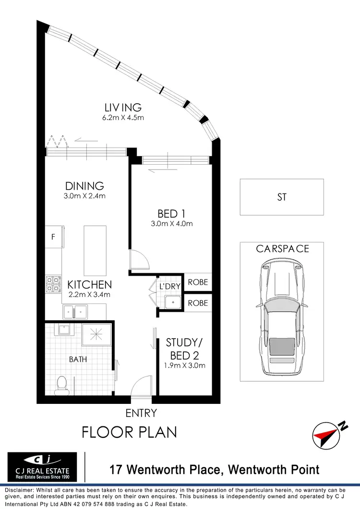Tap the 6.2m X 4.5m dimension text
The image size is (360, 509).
point(123,117)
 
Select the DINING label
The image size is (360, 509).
point(85,185)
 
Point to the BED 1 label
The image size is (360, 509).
point(171,213)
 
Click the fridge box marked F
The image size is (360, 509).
point(53,237)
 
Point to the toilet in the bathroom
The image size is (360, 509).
point(62,384)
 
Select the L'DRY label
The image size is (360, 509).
point(170,287)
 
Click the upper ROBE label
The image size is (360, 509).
point(198,282)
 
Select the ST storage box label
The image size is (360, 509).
point(282,197)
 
